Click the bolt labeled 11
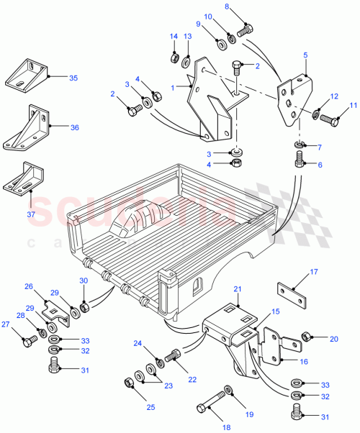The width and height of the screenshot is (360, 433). click(328, 119)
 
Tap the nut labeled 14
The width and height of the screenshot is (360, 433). click(173, 57)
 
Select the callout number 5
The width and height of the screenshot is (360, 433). click(305, 55)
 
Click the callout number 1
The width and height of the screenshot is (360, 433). click(171, 86)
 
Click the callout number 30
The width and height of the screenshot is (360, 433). click(83, 281)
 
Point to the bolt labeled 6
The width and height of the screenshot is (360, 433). click(300, 160)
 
